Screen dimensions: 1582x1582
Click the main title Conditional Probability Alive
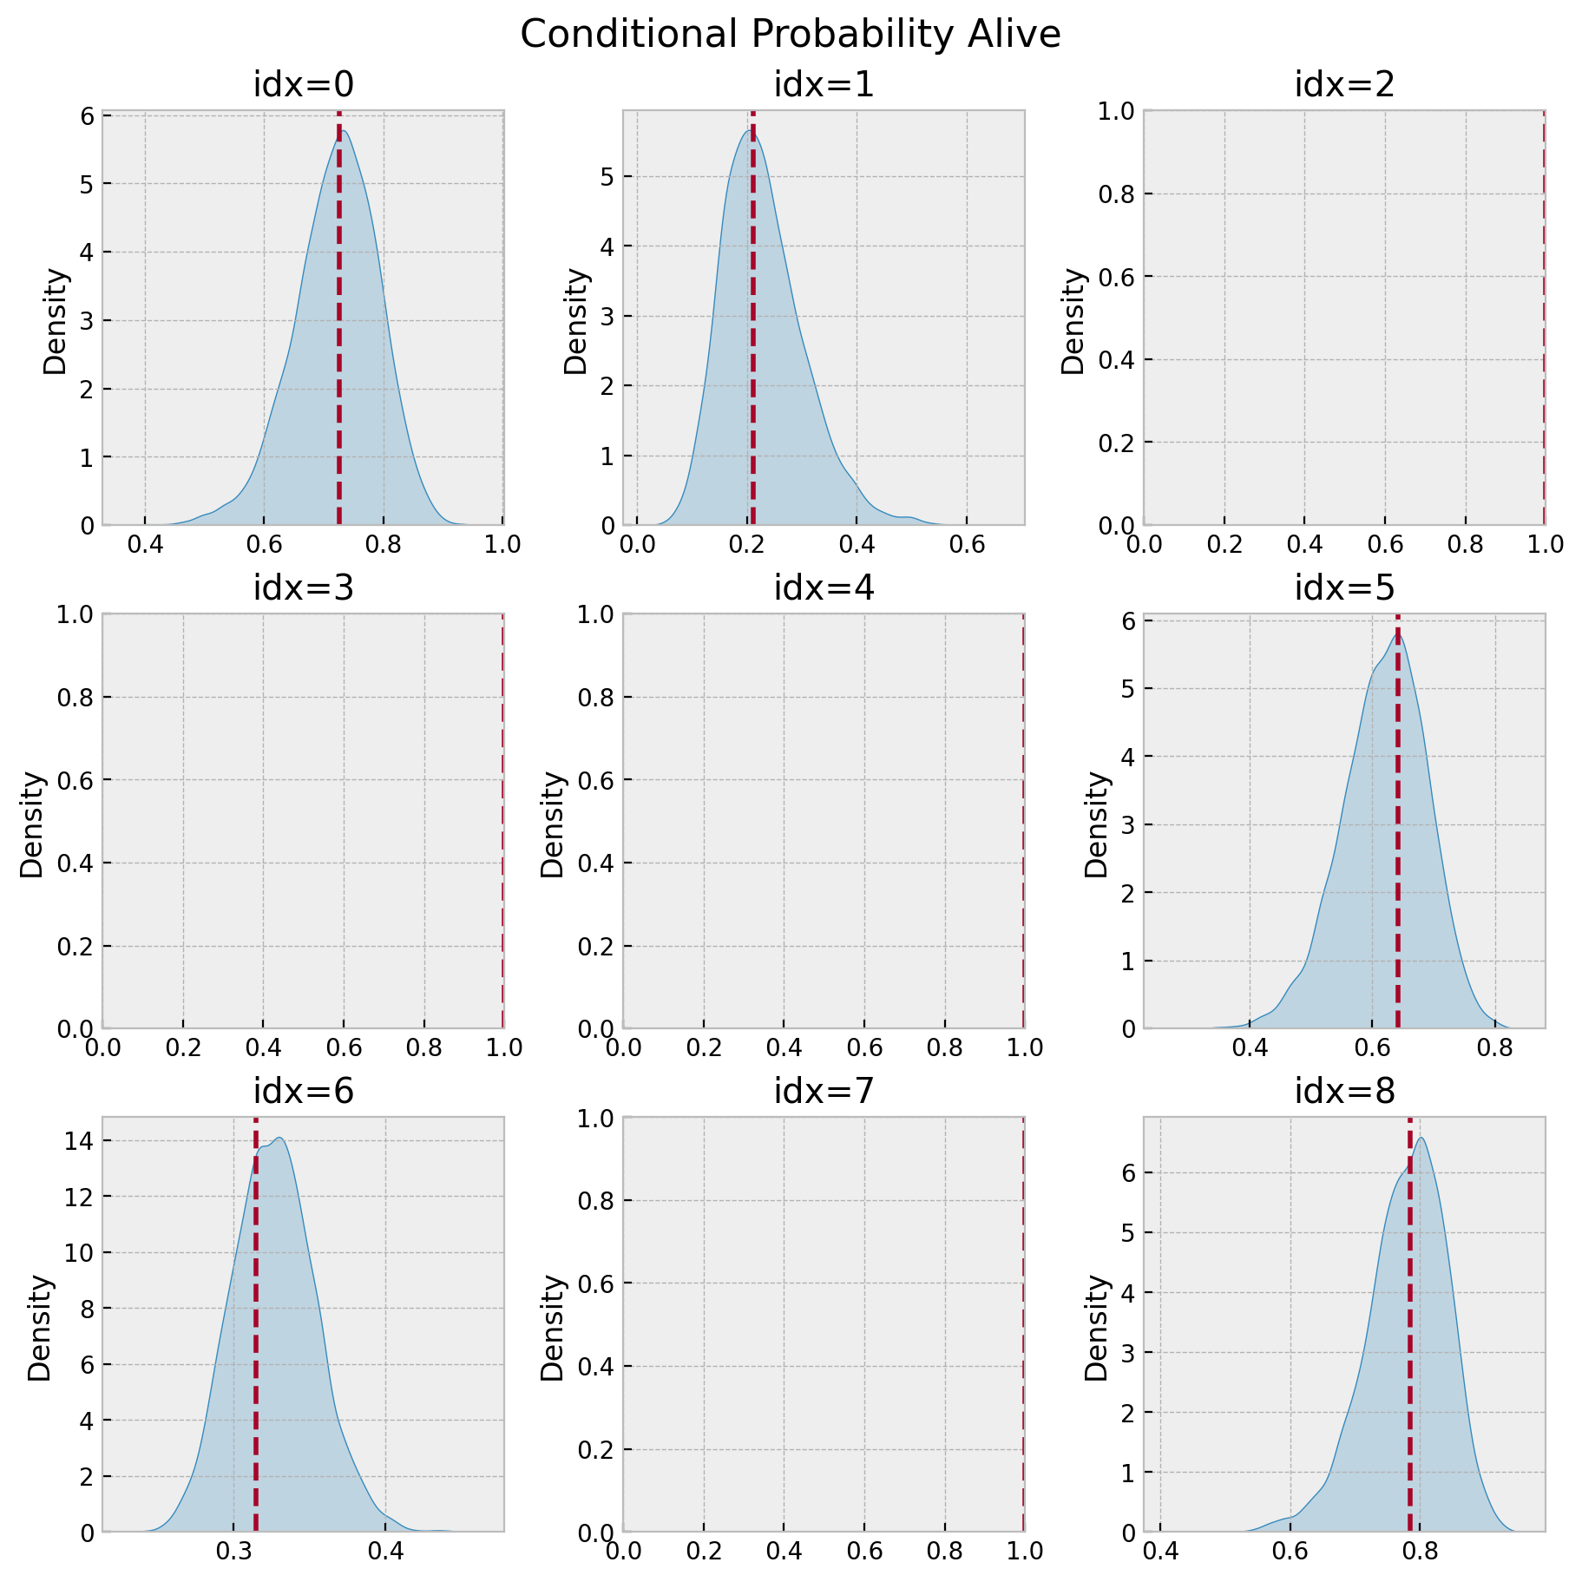790,35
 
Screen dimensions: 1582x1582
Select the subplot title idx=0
303,85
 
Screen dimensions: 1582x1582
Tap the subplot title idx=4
824,588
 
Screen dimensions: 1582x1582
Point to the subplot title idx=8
1344,1092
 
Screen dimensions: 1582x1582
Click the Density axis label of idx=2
1073,321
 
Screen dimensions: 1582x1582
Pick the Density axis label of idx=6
40,1328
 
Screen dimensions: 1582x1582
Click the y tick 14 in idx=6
82,1141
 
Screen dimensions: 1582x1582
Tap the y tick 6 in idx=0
87,115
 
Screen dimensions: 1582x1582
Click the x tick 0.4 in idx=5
1250,1048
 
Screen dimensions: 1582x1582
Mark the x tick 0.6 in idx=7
864,1552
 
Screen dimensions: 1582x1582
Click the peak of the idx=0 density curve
345,130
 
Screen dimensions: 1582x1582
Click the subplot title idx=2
1344,85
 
